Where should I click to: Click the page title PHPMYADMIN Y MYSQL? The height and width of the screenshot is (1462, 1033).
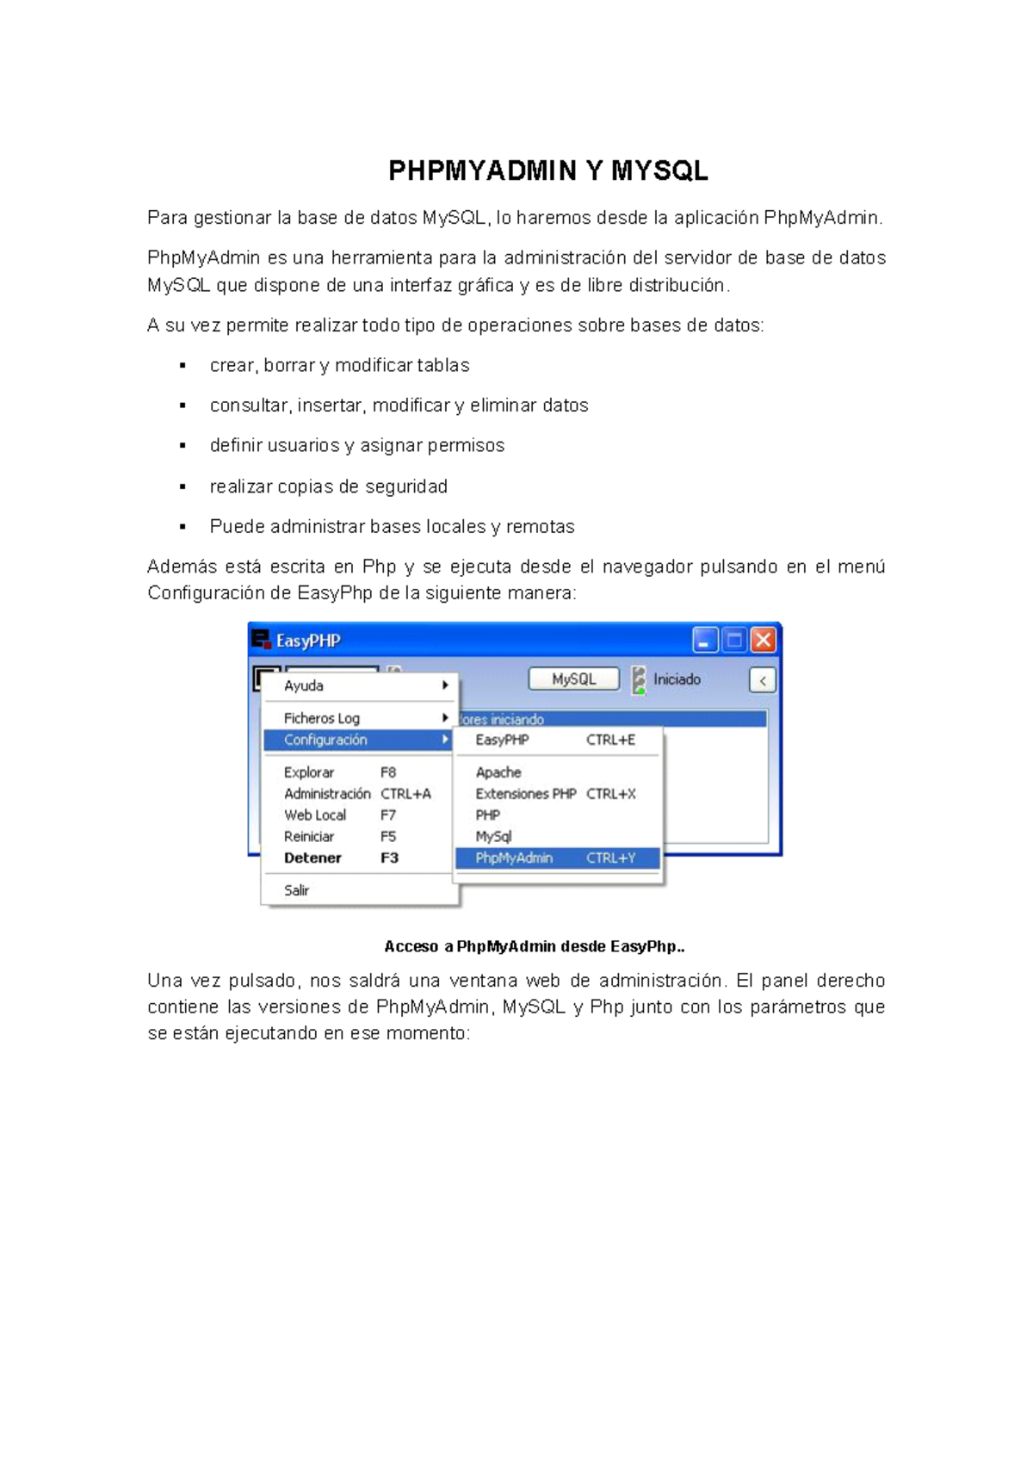[x=548, y=170]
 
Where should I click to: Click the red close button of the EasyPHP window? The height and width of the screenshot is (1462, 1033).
[x=763, y=640]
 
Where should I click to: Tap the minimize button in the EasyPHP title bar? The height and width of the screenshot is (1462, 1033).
[x=705, y=640]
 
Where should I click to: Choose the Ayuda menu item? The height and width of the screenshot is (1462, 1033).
[x=304, y=685]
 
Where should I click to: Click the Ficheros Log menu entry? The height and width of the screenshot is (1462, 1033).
[x=322, y=718]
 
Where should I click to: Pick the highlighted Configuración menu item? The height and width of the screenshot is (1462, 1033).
[x=326, y=740]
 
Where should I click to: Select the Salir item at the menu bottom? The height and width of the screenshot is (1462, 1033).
[x=297, y=890]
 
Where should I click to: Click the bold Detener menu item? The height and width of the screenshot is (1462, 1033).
[x=312, y=858]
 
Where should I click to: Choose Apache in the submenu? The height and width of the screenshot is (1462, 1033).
[x=498, y=772]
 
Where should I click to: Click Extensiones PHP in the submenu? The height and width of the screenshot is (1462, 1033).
[x=526, y=794]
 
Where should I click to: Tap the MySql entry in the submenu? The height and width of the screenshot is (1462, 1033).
[x=493, y=836]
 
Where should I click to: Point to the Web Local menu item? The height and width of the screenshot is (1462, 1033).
[x=315, y=815]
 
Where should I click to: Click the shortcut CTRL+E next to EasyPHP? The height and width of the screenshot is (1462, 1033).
[x=610, y=740]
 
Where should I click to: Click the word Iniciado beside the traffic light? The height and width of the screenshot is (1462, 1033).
[x=677, y=679]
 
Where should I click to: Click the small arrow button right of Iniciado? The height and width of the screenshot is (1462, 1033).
[x=763, y=680]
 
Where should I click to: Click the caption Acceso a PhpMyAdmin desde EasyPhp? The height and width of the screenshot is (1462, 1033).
[x=535, y=946]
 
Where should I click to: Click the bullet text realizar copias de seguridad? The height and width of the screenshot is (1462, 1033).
[x=329, y=486]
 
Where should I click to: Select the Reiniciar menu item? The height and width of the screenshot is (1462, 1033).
[x=309, y=836]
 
